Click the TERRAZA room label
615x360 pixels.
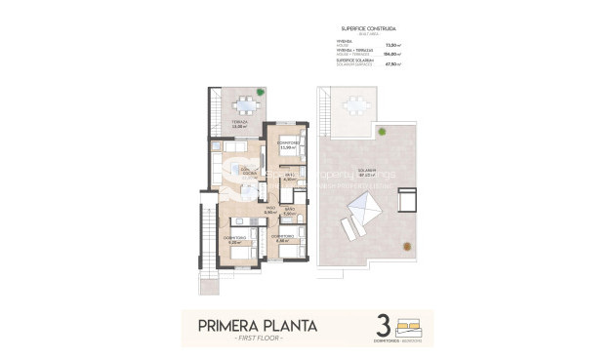click(239, 124)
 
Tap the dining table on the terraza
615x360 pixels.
click(240, 105)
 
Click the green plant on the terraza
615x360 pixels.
click(260, 92)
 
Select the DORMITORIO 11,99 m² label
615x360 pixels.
click(287, 146)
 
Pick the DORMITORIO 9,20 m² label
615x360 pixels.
click(234, 239)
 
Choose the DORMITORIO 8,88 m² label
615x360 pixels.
click(284, 238)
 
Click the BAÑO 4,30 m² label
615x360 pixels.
click(289, 178)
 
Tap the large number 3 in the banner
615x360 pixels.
click(383, 326)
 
